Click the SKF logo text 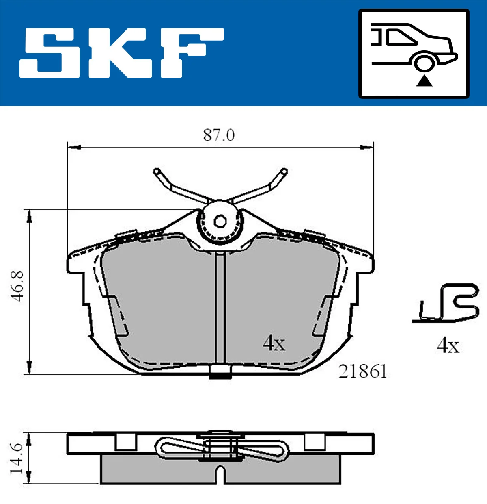(122, 53)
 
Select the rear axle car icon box (414, 54)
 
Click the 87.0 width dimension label (219, 135)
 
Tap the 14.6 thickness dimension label (17, 458)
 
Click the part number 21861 (362, 371)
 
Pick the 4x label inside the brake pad (274, 343)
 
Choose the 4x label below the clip (448, 346)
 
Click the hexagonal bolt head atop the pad (220, 222)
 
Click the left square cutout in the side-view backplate (125, 442)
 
